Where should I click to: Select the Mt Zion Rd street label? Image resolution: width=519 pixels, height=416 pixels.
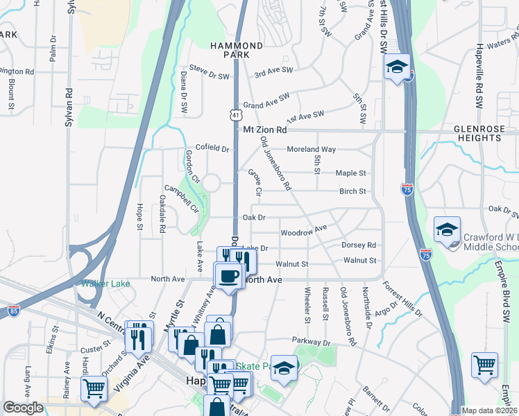click(x=264, y=130)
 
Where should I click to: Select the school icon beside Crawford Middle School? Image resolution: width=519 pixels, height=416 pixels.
click(x=447, y=232)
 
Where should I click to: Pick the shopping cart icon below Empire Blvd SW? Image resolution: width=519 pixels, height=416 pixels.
click(x=484, y=365)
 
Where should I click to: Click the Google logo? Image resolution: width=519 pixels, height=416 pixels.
click(x=23, y=408)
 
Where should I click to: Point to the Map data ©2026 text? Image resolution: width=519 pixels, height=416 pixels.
click(x=488, y=410)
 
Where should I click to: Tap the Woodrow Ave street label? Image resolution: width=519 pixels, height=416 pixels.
click(x=303, y=231)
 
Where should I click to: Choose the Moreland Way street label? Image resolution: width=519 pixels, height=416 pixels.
click(x=312, y=149)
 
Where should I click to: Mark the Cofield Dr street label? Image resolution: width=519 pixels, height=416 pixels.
click(x=212, y=148)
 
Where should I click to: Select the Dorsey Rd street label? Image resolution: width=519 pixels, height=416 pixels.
click(x=359, y=245)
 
